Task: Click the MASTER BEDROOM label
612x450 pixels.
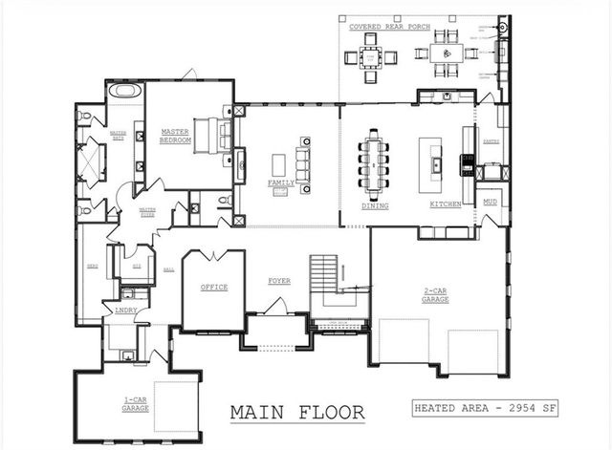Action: click(x=176, y=136)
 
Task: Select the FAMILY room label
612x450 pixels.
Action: click(x=280, y=182)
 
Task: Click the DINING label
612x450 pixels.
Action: click(x=375, y=204)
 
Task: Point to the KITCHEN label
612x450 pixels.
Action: click(x=446, y=204)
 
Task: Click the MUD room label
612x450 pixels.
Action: click(x=490, y=202)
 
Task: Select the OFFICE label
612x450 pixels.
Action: click(x=213, y=287)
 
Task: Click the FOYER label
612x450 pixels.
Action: click(x=279, y=281)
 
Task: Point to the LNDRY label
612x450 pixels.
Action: click(x=125, y=311)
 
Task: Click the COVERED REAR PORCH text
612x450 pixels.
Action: click(x=389, y=27)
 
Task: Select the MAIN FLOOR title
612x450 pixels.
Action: click(x=297, y=413)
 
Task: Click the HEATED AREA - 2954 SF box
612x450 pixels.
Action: click(x=485, y=409)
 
